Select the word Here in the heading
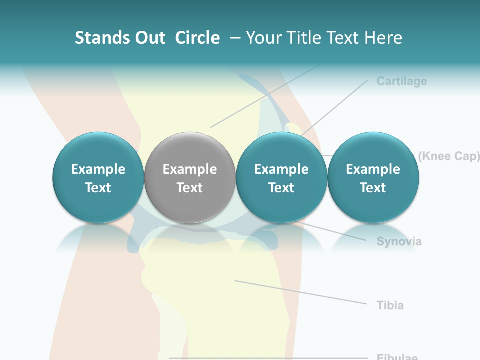[383, 38]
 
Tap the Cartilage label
[401, 81]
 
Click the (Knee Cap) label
[448, 156]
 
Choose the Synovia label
[399, 242]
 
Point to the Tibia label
[390, 305]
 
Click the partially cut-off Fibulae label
[397, 357]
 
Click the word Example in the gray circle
[189, 169]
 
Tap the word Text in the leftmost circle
[98, 188]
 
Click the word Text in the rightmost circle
[373, 188]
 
